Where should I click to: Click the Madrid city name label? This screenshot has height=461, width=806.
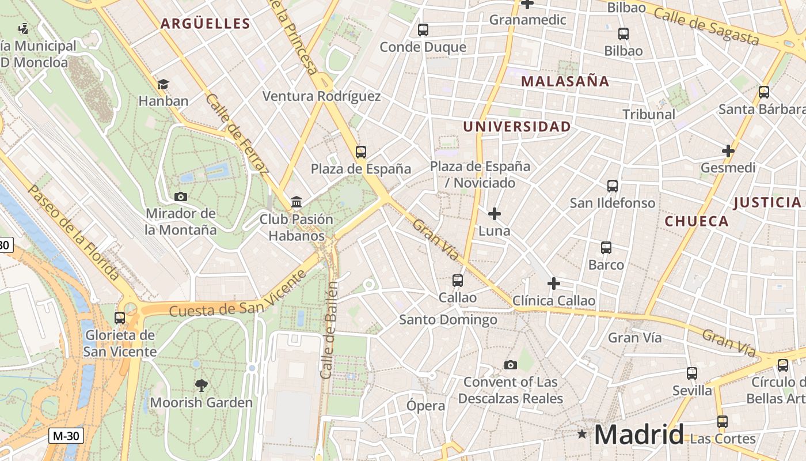(639, 434)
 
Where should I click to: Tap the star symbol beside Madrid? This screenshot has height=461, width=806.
(582, 433)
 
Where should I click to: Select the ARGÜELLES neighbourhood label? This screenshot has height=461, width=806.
(205, 24)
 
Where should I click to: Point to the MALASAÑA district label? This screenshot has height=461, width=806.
(565, 81)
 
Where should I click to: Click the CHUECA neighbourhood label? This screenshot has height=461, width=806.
(697, 221)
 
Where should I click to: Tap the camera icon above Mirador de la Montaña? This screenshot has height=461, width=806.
(181, 197)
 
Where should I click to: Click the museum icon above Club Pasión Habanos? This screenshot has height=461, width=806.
(296, 202)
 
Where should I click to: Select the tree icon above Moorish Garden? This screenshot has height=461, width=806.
(201, 385)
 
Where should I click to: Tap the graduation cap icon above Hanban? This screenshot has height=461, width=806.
(163, 84)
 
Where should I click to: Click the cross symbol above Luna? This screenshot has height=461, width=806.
(494, 214)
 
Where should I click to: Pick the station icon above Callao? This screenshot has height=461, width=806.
(458, 281)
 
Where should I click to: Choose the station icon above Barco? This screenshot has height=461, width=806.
(606, 248)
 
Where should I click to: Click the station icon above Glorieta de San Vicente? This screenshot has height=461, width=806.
(120, 318)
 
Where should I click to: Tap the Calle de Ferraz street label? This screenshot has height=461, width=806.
(237, 134)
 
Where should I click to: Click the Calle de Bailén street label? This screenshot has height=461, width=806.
(329, 330)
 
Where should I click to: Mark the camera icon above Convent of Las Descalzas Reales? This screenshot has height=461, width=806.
(510, 365)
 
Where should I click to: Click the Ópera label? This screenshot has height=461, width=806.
(425, 406)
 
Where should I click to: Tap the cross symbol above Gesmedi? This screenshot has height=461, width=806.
(728, 151)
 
